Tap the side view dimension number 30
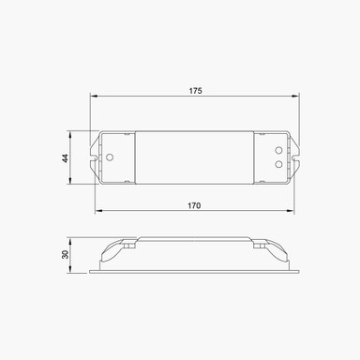65,256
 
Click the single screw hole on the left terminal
110,157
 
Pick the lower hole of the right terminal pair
278,163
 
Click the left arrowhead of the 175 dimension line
94,97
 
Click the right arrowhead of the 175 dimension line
299,97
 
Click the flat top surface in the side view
195,240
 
